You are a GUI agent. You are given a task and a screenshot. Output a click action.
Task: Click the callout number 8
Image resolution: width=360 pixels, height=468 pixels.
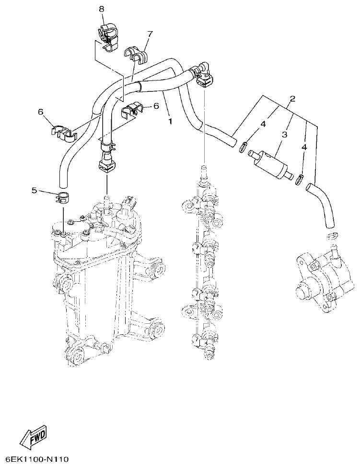click(102, 9)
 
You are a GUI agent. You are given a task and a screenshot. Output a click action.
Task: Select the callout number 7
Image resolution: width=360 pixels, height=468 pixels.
click(150, 34)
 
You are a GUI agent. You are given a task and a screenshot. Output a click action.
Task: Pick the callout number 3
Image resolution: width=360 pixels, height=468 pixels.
click(284, 135)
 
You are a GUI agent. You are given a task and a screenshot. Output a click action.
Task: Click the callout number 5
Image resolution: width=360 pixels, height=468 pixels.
click(35, 190)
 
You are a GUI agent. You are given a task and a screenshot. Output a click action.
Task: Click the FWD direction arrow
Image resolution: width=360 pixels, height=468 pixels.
click(33, 436)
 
